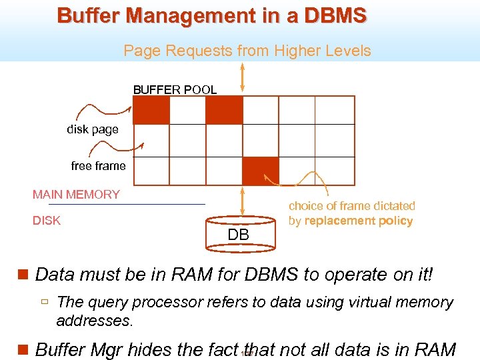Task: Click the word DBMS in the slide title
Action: [x=335, y=15]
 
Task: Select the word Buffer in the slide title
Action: [x=87, y=15]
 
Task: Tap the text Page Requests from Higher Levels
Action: [x=247, y=51]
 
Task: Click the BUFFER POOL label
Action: [x=175, y=89]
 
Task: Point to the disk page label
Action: [x=92, y=129]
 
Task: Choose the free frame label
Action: [x=98, y=166]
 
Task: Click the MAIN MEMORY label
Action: [x=76, y=195]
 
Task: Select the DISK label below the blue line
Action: [x=47, y=221]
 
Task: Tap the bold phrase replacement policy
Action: [x=359, y=221]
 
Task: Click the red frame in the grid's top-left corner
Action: [x=151, y=110]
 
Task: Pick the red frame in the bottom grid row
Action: [x=261, y=171]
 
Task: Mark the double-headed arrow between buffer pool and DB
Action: [x=242, y=201]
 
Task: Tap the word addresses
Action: [x=95, y=321]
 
